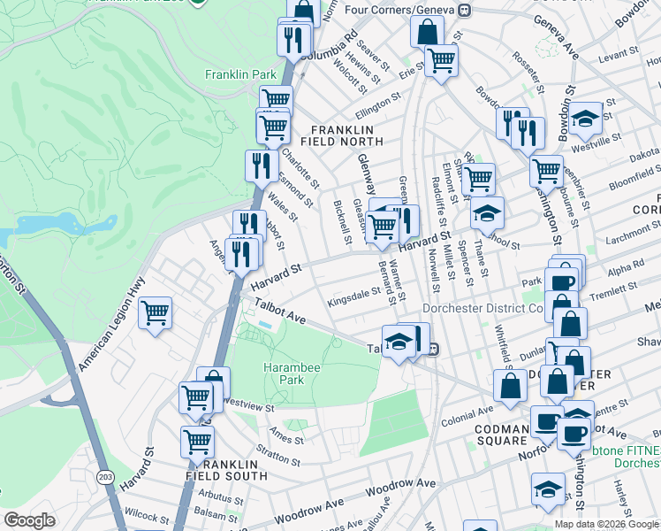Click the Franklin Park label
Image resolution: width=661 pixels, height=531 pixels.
click(x=241, y=75)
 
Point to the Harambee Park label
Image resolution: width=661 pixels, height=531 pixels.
click(x=284, y=373)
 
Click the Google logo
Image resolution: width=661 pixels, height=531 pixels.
click(x=30, y=520)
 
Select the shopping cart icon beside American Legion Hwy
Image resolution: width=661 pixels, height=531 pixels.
click(x=156, y=312)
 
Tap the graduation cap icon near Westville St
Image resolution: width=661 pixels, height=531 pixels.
click(x=585, y=117)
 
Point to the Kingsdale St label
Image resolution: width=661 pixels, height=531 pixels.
click(x=353, y=289)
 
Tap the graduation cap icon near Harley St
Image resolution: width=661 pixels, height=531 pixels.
click(x=548, y=489)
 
